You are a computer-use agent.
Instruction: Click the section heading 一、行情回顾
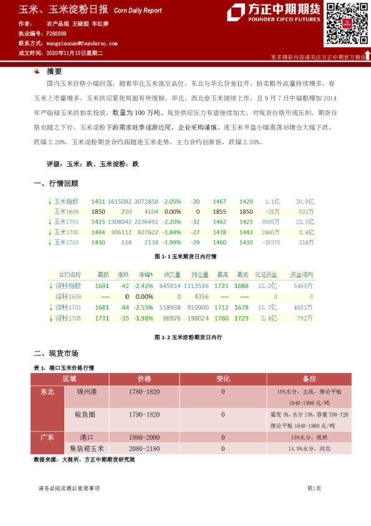point(56,184)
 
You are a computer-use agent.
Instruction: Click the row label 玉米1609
point(67,211)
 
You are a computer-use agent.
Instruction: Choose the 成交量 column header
point(171,274)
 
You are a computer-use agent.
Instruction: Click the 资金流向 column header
point(301,274)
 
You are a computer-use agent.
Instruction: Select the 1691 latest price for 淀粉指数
point(102,285)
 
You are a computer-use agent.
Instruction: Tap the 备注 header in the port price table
point(309,379)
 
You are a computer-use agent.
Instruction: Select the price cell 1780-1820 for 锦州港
point(144,392)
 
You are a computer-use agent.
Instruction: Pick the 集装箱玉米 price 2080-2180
point(144,448)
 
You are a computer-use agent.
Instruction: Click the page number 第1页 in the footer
point(314,488)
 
